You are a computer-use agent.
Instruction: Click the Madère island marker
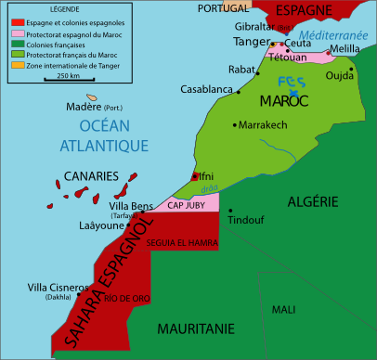click(93, 96)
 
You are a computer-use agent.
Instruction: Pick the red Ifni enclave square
click(194, 175)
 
